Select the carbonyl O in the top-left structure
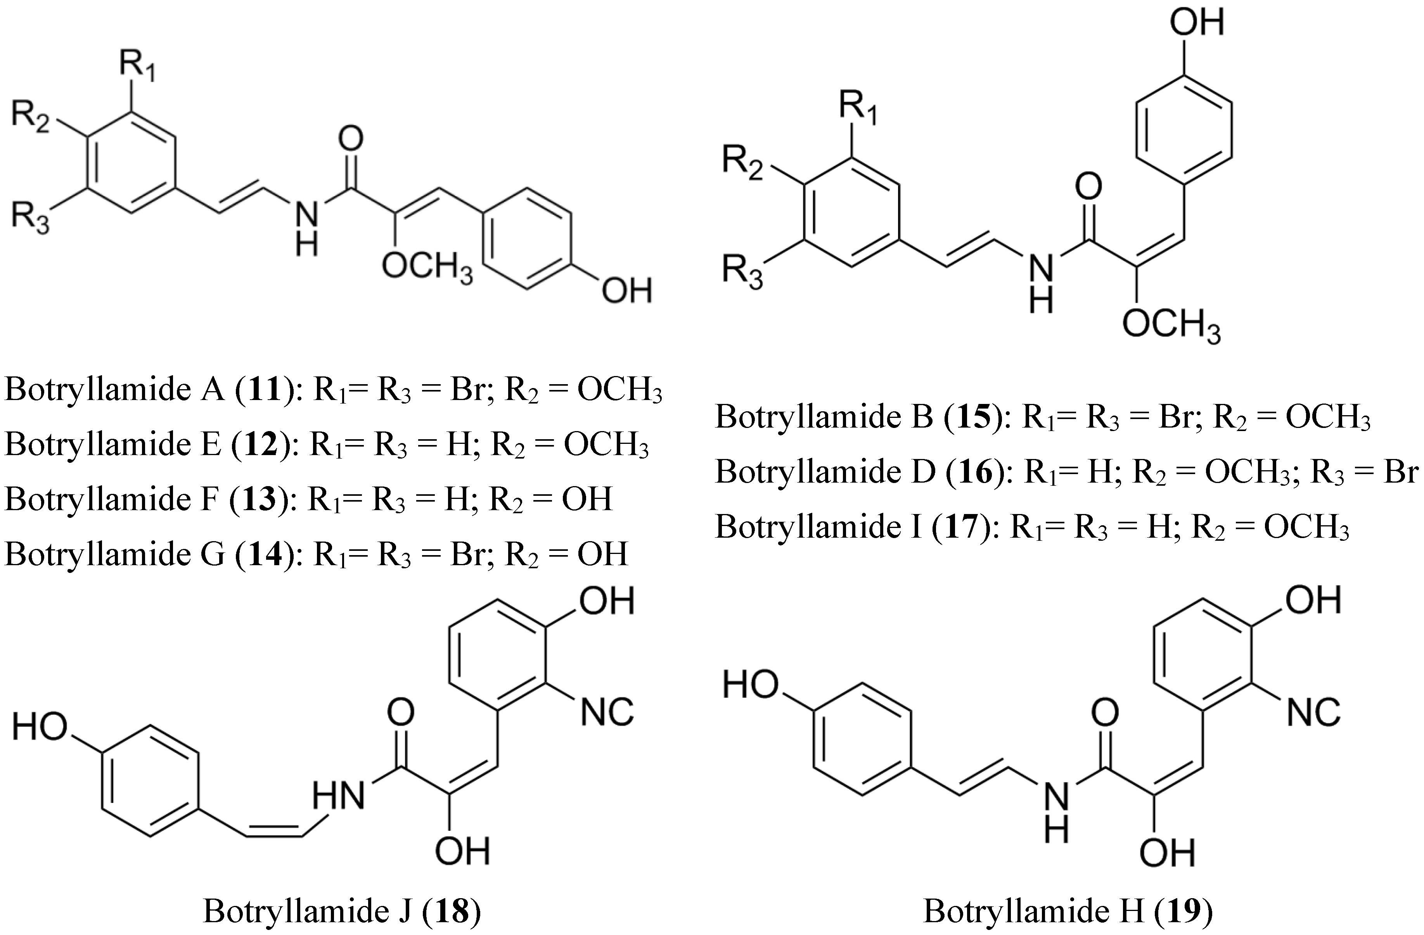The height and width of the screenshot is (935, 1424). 351,139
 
